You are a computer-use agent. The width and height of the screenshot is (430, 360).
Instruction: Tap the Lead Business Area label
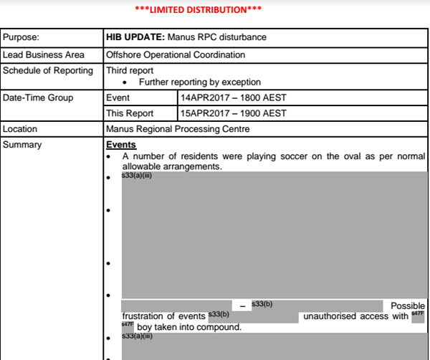44,55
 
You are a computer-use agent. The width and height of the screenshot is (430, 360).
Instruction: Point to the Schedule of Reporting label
48,70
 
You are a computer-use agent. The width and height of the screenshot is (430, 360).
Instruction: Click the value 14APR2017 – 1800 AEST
234,98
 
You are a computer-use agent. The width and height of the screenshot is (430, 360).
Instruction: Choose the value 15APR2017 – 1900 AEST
234,113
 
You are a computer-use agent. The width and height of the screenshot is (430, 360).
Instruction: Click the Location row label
21,129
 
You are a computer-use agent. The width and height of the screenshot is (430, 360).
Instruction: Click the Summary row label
23,145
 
